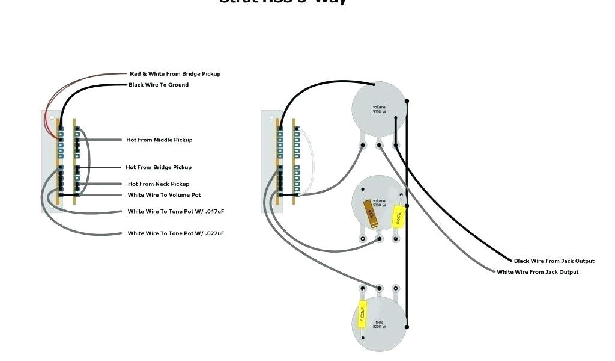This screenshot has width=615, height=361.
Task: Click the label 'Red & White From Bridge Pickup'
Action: click(175, 74)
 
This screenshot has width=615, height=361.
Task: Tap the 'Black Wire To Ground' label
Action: click(159, 85)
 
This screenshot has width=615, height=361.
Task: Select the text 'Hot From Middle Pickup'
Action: click(159, 140)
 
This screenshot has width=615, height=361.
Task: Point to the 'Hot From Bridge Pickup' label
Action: click(159, 167)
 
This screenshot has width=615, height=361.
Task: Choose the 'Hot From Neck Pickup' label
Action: click(159, 184)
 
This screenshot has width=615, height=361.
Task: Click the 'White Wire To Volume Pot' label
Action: click(164, 195)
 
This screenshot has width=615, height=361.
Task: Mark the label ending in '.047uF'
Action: click(176, 212)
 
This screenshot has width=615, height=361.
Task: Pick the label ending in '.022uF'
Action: click(176, 233)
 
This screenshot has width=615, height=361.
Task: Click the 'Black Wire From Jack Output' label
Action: click(554, 261)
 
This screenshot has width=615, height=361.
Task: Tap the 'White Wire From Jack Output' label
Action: click(538, 272)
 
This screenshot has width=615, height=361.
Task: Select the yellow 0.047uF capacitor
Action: click(397, 217)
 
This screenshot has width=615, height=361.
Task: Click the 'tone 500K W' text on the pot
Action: click(379, 324)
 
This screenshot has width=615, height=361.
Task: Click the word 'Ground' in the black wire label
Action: click(178, 85)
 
